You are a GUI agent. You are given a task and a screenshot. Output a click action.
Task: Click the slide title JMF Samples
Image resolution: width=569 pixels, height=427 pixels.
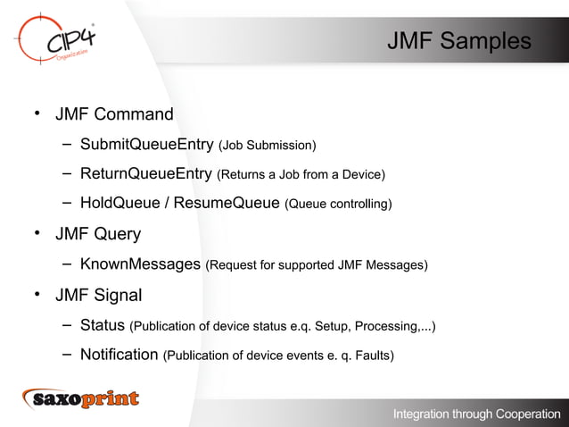458,42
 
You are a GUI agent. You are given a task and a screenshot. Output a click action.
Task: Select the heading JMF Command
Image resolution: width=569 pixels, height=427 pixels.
114,114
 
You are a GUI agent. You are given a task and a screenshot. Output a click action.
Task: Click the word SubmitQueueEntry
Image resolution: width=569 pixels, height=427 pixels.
146,145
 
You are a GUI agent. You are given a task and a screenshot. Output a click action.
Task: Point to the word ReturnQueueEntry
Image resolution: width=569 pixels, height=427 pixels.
146,173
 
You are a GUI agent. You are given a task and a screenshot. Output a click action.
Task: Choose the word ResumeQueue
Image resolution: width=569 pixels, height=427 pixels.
227,204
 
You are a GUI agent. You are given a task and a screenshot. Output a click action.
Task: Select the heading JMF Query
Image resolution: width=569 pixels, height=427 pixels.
98,234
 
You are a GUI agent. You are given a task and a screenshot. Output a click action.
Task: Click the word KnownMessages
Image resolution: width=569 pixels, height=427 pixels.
140,264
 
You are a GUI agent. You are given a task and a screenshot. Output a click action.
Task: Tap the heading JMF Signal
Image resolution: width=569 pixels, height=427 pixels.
99,295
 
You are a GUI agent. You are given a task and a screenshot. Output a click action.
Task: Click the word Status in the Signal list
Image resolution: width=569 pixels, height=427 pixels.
103,325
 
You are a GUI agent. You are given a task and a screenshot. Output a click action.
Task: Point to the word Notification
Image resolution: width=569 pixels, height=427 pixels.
119,355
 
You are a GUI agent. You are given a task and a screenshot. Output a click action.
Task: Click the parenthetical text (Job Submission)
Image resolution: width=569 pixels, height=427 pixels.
268,146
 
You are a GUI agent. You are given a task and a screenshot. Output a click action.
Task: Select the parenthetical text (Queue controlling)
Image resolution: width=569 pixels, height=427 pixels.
338,205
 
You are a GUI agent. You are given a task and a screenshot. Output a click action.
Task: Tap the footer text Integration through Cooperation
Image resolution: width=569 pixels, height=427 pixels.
477,414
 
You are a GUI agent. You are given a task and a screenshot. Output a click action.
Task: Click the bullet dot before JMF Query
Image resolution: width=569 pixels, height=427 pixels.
37,234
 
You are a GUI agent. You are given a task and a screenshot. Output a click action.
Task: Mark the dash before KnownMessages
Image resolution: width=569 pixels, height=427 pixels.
68,265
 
